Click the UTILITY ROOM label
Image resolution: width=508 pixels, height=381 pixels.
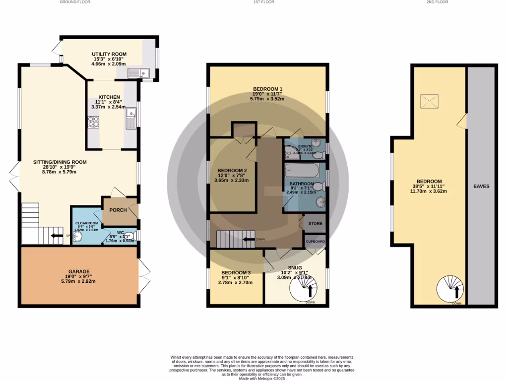coord(109,54)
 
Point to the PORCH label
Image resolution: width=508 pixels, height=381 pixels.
coord(118,210)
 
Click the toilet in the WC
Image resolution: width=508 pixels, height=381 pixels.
coord(129,236)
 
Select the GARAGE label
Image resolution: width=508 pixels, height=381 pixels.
coord(79,271)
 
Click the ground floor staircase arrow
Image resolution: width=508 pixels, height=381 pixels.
coord(57,236)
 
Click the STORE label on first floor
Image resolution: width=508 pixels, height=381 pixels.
coord(315,224)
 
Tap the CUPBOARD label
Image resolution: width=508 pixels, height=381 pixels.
coord(315,242)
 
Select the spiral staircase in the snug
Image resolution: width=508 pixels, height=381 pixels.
coord(303,289)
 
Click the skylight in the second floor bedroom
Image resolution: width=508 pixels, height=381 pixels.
coord(430,102)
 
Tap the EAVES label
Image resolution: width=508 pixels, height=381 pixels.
coord(481,187)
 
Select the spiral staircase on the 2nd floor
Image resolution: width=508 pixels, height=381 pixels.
coord(450,289)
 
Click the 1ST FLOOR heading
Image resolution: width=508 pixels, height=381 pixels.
coord(263,2)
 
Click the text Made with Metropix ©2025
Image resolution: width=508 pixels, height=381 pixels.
coord(263,378)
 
